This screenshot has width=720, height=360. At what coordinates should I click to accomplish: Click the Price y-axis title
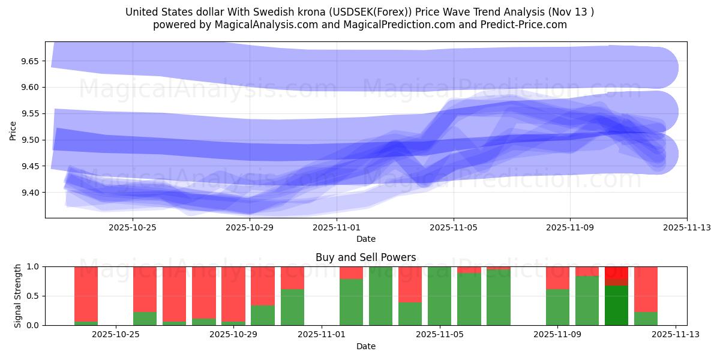coord(13,130)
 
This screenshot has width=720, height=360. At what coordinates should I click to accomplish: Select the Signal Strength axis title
coord(18,296)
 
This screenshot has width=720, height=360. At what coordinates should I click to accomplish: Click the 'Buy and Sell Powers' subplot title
coord(365,257)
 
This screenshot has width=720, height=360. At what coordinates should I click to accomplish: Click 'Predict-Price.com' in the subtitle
coord(521,25)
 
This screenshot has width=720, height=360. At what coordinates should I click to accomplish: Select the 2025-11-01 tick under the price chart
coord(337,227)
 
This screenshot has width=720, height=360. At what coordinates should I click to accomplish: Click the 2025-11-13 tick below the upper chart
coord(686,227)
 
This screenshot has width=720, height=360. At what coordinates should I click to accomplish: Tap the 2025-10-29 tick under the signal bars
coord(234,335)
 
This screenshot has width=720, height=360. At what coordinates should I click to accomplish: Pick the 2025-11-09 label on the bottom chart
coord(557,335)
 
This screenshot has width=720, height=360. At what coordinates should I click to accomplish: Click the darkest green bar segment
coord(616,305)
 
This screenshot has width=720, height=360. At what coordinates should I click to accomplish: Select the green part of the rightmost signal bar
coord(646,319)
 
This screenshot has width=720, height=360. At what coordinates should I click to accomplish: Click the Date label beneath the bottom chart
coord(365,346)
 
